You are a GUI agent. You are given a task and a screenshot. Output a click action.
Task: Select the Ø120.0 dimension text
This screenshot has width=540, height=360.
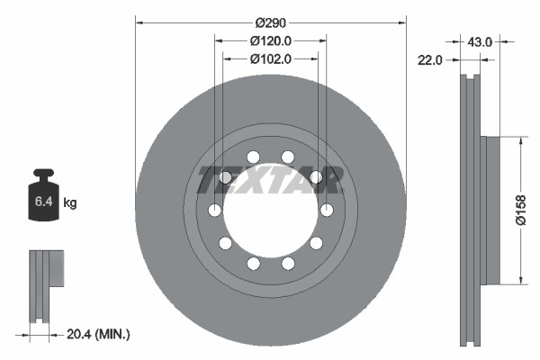coord(270,40)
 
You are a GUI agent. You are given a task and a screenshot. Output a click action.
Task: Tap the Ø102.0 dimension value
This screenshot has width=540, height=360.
coord(270,59)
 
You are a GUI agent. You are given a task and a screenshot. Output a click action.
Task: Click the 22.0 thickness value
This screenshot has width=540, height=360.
coord(430,60)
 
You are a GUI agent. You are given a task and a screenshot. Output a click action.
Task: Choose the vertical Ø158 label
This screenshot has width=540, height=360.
coord(519,211)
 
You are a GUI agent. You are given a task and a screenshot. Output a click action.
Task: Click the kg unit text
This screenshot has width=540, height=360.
coord(70,203)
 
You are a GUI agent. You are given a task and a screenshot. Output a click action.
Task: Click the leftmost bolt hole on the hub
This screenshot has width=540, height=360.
coord(215,211)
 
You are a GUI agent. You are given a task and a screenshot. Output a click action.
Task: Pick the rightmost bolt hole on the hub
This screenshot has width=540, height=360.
coord(326,211)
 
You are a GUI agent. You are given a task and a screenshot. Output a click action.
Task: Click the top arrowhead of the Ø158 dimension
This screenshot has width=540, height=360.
coord(521,140)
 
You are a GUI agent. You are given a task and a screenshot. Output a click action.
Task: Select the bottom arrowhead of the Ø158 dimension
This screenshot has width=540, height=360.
coord(521,281)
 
